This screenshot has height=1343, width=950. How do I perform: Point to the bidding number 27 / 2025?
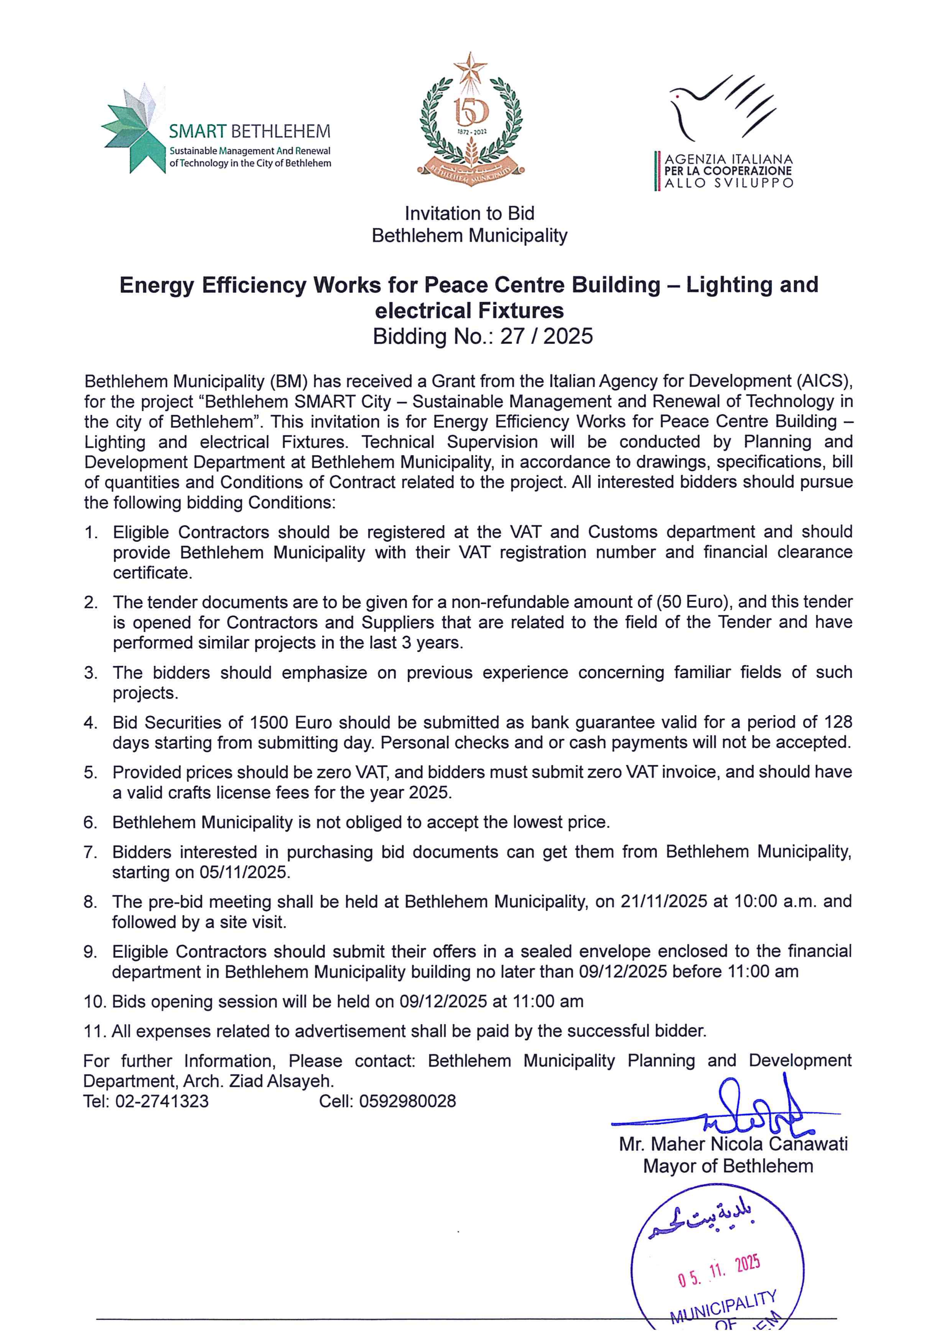coord(546,337)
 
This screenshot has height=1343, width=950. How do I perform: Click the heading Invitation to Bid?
coord(469,214)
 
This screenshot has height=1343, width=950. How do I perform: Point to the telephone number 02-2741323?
coord(162,1101)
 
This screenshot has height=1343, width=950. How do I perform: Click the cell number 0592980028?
coord(408,1101)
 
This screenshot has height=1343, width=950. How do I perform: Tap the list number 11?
coord(93,1031)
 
